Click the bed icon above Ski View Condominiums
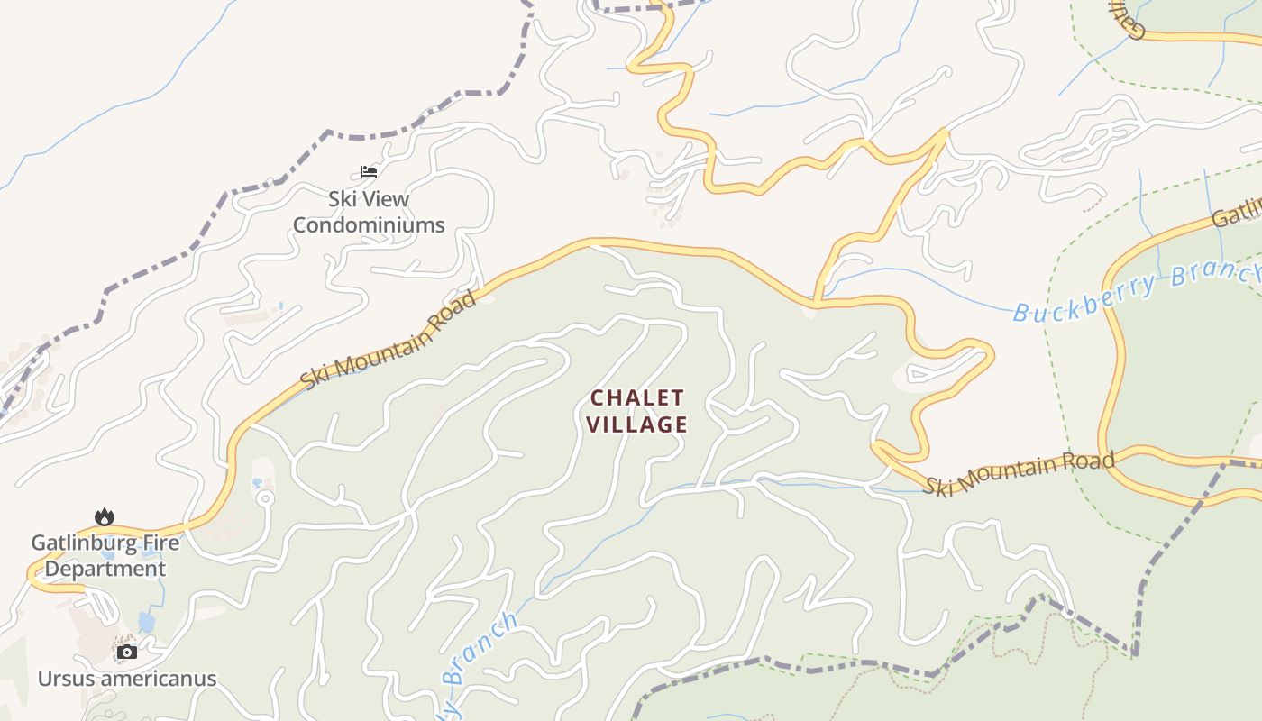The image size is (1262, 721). pyautogui.click(x=368, y=171)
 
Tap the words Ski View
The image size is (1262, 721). pyautogui.click(x=368, y=199)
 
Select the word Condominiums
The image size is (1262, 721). pyautogui.click(x=369, y=225)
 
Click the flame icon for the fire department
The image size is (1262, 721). pyautogui.click(x=105, y=516)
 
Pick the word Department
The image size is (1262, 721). pyautogui.click(x=105, y=570)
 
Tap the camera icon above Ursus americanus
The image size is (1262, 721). pyautogui.click(x=127, y=652)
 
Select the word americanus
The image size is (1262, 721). pyautogui.click(x=157, y=679)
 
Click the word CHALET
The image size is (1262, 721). pyautogui.click(x=637, y=397)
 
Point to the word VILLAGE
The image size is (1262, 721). pyautogui.click(x=637, y=424)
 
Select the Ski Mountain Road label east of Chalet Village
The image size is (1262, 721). pyautogui.click(x=1020, y=473)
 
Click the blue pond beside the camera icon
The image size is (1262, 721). pyautogui.click(x=146, y=622)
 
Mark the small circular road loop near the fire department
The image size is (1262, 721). pyautogui.click(x=264, y=497)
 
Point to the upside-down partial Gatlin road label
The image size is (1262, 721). pyautogui.click(x=1125, y=18)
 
